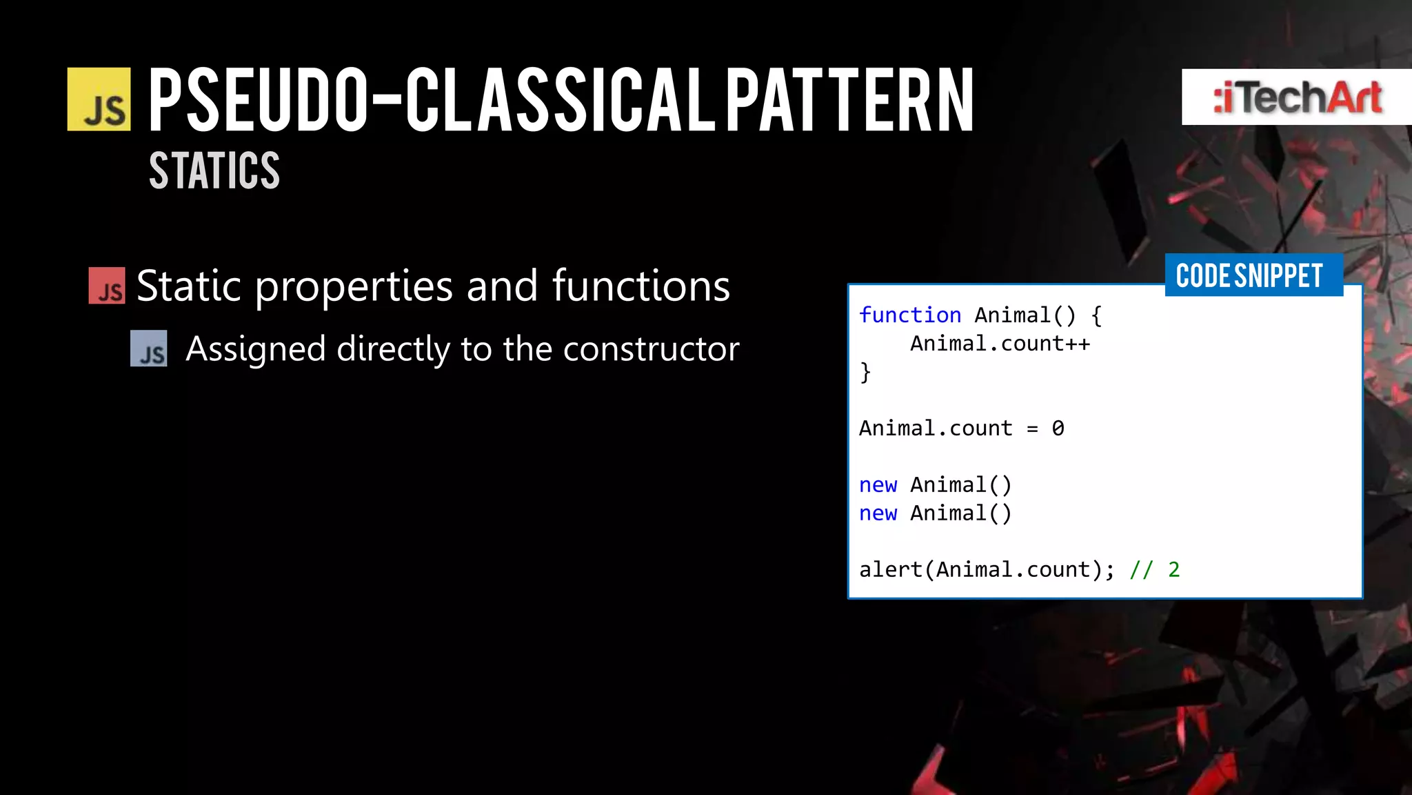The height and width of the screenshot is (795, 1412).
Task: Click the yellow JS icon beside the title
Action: point(99,99)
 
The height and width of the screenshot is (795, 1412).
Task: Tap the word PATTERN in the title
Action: point(849,99)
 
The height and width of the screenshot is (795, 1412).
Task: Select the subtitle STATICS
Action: point(214,170)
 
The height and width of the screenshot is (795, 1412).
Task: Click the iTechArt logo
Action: point(1296,97)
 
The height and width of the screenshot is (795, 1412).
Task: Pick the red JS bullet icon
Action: point(107,286)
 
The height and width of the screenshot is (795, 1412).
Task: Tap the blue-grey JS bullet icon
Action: point(149,349)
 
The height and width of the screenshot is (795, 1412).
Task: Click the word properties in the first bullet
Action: point(354,286)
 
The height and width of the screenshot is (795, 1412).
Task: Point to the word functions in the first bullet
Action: point(641,286)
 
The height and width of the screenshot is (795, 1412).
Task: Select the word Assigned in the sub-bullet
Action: point(255,349)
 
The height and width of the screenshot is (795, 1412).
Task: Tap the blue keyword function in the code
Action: point(909,315)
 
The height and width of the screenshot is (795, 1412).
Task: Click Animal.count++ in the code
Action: point(1000,344)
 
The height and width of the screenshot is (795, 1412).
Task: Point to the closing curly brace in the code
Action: point(865,373)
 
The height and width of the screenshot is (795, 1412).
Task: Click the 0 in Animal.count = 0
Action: point(1058,429)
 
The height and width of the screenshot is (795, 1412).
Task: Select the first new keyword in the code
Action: point(878,485)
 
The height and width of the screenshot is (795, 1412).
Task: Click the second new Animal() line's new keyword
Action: point(878,513)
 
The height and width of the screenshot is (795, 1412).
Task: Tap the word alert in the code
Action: point(890,570)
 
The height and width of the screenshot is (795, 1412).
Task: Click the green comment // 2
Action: point(1154,570)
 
